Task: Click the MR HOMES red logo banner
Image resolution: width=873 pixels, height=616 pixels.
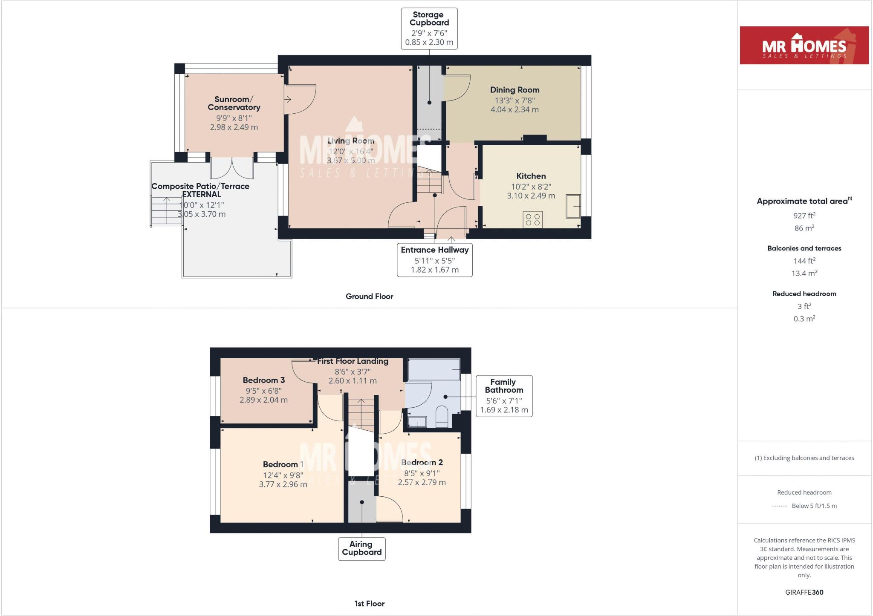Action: tap(804, 45)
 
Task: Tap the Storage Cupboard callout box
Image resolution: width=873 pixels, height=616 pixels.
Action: tap(429, 28)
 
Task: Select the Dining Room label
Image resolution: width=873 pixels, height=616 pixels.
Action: tap(515, 90)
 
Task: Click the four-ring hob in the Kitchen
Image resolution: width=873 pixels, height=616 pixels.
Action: tap(532, 219)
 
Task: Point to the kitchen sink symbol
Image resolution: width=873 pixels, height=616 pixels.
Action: tap(573, 206)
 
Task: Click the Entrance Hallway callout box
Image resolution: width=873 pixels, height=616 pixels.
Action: tap(434, 260)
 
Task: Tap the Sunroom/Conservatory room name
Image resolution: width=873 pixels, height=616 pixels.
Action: tap(234, 104)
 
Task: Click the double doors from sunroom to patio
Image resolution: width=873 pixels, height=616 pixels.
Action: tap(232, 167)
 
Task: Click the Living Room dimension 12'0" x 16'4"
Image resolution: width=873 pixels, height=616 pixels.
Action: tap(351, 151)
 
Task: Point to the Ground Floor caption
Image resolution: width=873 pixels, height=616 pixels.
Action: tap(369, 296)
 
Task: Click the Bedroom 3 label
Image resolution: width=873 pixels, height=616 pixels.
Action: tap(263, 380)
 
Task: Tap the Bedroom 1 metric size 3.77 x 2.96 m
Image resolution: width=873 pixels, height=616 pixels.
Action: tap(283, 484)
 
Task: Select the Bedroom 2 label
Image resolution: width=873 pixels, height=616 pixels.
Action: tap(422, 462)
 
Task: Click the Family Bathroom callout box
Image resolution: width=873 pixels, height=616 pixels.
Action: tap(504, 396)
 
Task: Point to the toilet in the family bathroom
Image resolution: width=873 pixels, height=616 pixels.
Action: tap(442, 415)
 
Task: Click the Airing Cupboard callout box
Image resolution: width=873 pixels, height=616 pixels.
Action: tap(361, 548)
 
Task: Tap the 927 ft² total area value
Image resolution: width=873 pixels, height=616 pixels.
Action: tap(804, 216)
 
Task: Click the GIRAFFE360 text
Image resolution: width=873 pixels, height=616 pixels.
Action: tap(804, 592)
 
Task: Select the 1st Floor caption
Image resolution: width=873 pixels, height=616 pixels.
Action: tap(369, 604)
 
